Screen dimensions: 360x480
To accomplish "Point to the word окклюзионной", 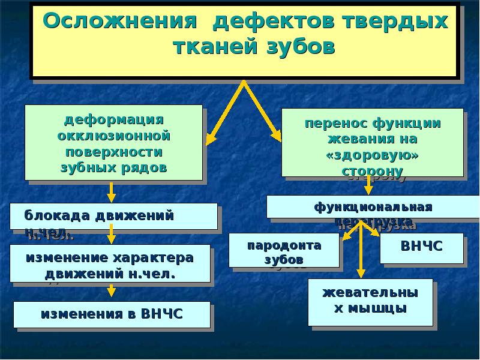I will click(113, 136).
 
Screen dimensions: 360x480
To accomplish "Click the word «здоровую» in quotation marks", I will click(372, 155).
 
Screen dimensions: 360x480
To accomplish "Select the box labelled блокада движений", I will click(113, 216).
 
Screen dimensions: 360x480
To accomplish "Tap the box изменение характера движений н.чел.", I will click(110, 263).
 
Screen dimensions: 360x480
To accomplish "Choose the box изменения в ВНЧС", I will click(112, 314).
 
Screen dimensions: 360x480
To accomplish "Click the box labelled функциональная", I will click(372, 207).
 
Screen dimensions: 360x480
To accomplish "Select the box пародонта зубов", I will click(284, 250).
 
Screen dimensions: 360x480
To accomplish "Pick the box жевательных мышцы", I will click(370, 302).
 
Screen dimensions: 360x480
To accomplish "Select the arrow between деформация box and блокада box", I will click(111, 191).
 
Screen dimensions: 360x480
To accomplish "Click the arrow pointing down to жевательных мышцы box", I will click(361, 252).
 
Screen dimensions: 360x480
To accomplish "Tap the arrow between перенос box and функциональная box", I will click(369, 185).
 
